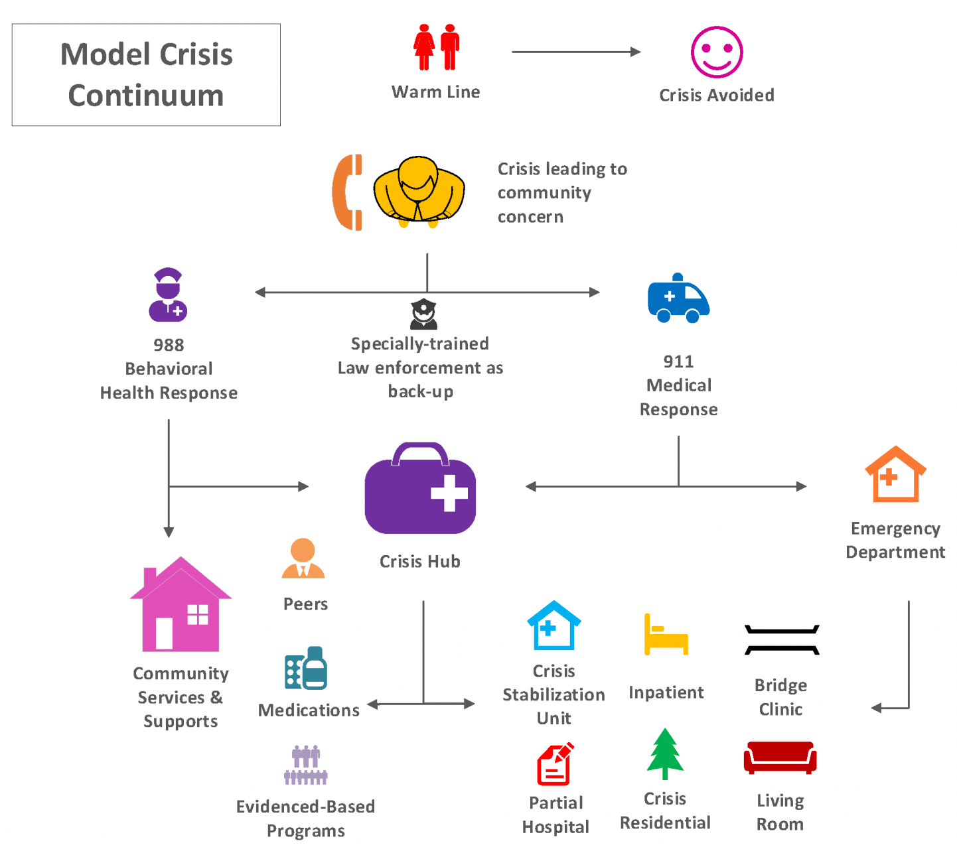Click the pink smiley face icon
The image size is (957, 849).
pos(717,52)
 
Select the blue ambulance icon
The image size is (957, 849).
pos(678,299)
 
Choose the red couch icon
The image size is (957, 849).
pos(780,757)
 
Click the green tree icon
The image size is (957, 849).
pos(665,754)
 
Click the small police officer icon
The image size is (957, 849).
pos(423,314)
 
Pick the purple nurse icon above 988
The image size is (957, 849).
pos(168,295)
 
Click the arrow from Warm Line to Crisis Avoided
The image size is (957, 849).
pos(576,52)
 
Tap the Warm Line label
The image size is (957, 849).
pos(435,92)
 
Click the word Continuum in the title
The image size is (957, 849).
pos(146,96)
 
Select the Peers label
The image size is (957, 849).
pos(305,604)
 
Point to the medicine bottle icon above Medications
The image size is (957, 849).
pos(307,669)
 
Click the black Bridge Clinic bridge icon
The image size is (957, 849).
pos(782,640)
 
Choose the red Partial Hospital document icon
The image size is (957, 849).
pos(555,765)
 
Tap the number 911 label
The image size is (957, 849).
pos(678,361)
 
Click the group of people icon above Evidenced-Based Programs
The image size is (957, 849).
pos(306,765)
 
